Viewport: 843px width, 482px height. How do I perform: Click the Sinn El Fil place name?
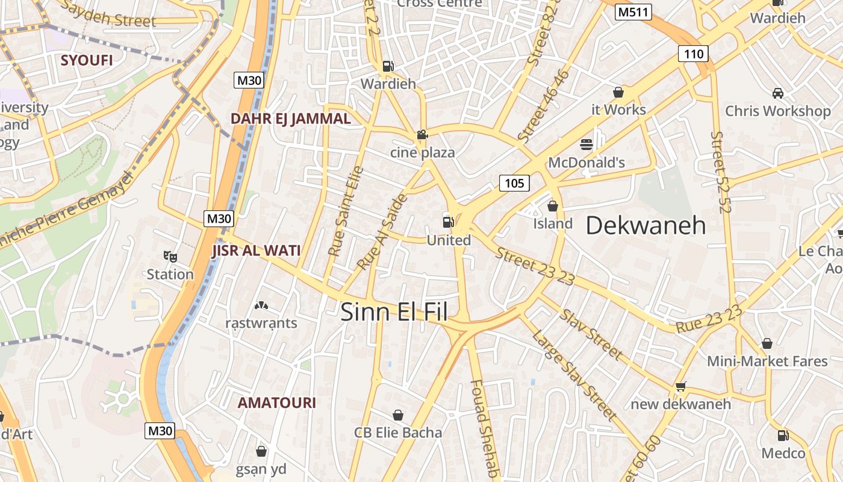point(394,312)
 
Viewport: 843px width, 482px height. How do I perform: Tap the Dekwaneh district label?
point(645,225)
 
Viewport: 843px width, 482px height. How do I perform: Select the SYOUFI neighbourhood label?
point(87,60)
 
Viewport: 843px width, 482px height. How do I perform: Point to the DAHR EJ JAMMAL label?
point(290,119)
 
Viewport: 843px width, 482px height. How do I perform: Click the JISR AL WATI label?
point(256,251)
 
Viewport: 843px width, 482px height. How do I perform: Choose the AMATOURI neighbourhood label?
point(276,402)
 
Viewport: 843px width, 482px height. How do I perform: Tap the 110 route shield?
point(693,54)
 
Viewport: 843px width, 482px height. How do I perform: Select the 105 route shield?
point(514,183)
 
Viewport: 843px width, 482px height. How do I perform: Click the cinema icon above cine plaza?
point(422,135)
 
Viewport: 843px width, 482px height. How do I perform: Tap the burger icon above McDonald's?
point(586,145)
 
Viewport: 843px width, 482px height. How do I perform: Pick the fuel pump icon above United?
point(448,221)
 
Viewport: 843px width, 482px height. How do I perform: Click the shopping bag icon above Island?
point(552,206)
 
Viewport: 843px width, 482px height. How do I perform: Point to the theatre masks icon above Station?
point(170,257)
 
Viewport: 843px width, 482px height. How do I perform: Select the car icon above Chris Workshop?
point(777,93)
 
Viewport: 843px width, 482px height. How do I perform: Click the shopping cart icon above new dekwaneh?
point(680,386)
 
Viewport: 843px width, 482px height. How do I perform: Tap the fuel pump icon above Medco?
point(783,435)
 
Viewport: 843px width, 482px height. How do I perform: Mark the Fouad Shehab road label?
point(485,428)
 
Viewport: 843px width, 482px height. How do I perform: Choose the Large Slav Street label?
point(574,373)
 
